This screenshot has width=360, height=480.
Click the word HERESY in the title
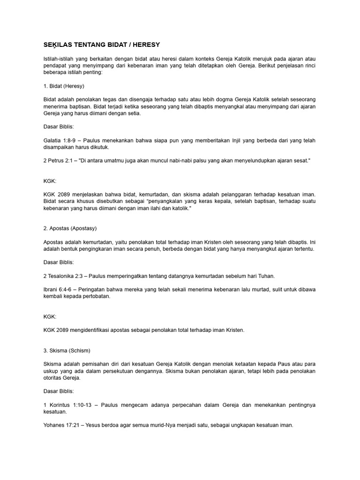tap(146, 45)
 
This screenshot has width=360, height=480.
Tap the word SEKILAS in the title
tap(57, 45)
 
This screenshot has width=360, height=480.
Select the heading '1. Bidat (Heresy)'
tap(63, 86)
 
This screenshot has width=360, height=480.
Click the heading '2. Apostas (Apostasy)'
tap(69, 228)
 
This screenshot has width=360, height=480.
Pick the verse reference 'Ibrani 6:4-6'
tap(59, 290)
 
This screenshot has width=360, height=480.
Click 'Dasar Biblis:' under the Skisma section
tap(58, 391)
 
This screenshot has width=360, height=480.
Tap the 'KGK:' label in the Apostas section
tap(50, 317)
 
